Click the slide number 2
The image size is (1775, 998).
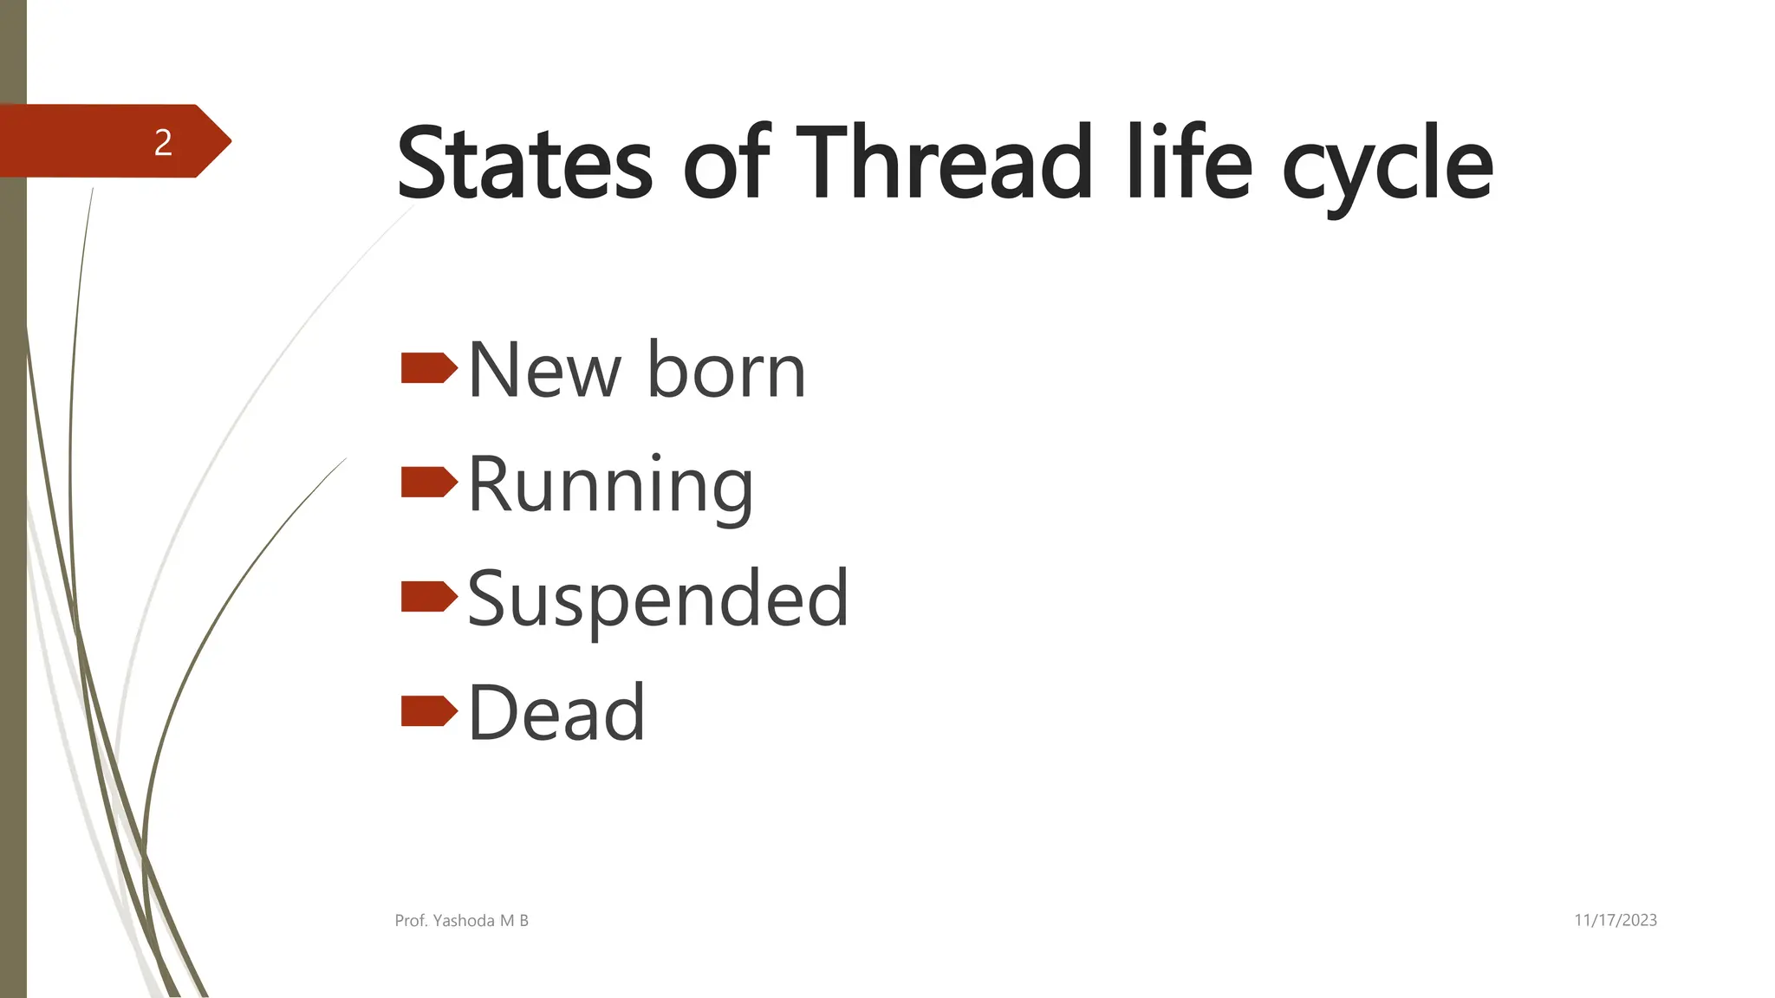(163, 142)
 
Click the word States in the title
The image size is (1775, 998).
(523, 163)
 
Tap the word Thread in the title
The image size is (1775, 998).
(943, 163)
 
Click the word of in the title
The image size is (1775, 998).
(726, 163)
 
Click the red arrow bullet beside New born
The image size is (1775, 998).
(428, 368)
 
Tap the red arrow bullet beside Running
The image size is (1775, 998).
(428, 483)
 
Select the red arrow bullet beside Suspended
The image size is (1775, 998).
(428, 597)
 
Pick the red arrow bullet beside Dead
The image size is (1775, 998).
(428, 711)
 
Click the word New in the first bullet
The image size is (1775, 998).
(544, 371)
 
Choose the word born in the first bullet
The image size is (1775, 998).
(726, 371)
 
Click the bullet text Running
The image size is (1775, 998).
(610, 487)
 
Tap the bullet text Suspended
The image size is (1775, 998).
(657, 599)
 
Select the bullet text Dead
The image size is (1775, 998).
(556, 713)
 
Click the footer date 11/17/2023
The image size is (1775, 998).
(1615, 920)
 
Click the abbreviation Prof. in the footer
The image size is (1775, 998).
(411, 921)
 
